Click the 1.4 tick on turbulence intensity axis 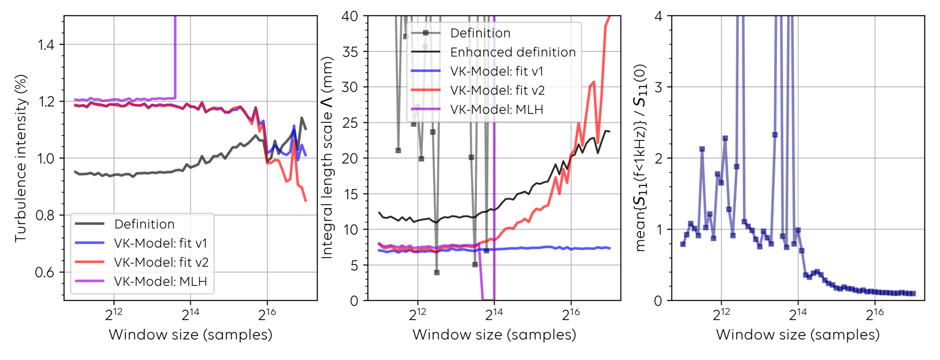46,45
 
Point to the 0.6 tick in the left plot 45,272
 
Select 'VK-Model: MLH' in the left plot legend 161,281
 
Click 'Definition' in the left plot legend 144,224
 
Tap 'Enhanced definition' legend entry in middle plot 513,52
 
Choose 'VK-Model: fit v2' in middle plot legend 497,90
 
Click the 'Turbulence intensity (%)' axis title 21,158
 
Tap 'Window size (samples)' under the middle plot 494,334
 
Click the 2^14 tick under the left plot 190,314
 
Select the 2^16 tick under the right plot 875,314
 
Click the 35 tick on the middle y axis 350,52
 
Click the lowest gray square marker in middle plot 437,272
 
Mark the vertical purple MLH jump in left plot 175,58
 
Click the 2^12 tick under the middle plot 417,314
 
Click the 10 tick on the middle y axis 350,229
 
